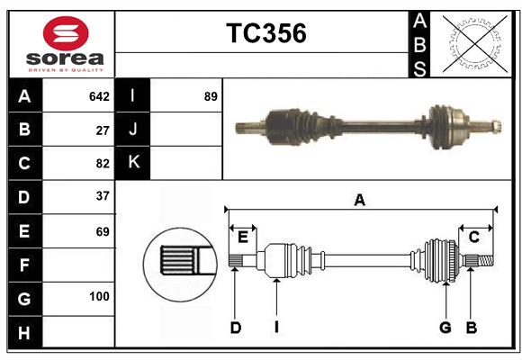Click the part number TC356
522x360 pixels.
265,34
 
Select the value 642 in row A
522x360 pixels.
99,96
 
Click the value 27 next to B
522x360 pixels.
103,130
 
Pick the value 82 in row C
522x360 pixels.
103,164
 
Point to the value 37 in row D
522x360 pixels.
103,196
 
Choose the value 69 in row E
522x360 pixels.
103,231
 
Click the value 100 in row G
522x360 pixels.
99,296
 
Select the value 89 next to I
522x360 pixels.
211,96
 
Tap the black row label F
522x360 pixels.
24,265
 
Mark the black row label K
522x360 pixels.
133,163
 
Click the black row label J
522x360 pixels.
133,130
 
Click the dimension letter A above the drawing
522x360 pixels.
359,202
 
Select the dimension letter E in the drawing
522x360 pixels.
243,237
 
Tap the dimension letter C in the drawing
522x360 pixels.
473,237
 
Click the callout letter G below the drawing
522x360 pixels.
445,328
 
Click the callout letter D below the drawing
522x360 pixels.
235,328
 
